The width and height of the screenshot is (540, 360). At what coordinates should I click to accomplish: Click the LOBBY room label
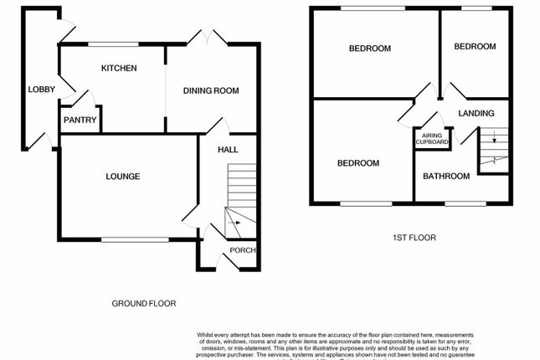point(39,90)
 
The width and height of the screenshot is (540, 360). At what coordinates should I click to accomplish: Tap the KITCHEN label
point(119,68)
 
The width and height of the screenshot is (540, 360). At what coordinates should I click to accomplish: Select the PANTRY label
point(80,120)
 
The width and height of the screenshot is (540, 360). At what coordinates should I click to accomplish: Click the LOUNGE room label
point(122,176)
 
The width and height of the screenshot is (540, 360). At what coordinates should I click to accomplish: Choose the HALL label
point(228,150)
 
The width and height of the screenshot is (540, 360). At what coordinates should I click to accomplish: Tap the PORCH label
point(243,250)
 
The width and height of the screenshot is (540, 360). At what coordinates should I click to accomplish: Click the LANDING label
point(476,113)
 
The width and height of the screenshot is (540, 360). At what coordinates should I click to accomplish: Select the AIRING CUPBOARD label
point(433,138)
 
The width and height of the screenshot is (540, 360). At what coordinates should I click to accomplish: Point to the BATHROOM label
point(445,176)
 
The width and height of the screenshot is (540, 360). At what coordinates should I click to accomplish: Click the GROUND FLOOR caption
point(144,303)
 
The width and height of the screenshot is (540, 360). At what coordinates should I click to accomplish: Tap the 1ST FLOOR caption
point(414,238)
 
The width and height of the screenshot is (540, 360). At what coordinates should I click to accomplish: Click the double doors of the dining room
point(206,38)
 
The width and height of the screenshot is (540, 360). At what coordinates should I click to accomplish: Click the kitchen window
point(114,44)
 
